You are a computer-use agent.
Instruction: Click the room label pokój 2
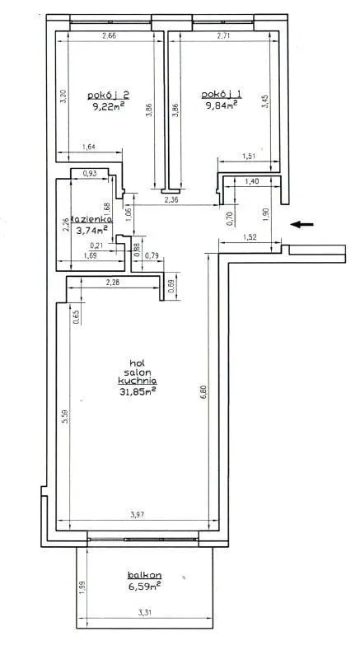(x=108, y=95)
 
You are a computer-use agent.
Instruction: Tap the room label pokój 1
(x=222, y=95)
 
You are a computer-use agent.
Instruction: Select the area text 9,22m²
(x=109, y=106)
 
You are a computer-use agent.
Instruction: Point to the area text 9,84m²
(x=222, y=105)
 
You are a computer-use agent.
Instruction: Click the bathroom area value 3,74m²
(x=92, y=230)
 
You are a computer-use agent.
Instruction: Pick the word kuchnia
(x=137, y=381)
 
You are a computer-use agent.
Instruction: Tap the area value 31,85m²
(x=138, y=391)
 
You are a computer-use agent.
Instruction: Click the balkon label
(x=144, y=575)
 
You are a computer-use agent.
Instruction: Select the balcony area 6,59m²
(x=145, y=587)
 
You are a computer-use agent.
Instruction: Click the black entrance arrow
(x=302, y=225)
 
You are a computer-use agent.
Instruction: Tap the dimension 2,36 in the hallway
(x=171, y=200)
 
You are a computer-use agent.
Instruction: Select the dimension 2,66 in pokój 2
(x=109, y=35)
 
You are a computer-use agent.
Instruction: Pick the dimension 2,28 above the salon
(x=113, y=283)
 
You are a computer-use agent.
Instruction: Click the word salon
(x=137, y=371)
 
